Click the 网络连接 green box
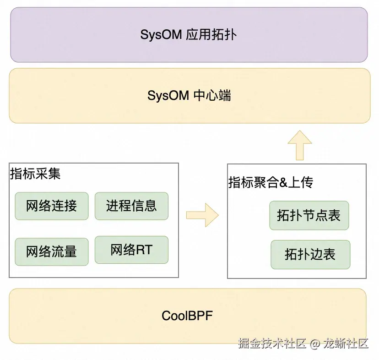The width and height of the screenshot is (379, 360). pos(51,206)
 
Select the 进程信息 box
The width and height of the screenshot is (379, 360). pos(131,206)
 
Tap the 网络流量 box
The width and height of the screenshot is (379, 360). pos(51,252)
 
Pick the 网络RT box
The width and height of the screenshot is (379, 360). pos(131,250)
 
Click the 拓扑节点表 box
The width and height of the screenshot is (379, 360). pos(309,215)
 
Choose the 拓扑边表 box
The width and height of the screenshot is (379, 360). pos(310,255)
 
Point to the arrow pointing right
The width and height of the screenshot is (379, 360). pos(203,215)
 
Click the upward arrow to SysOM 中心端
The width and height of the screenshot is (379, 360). pos(300,145)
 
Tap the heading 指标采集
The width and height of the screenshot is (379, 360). pos(35,174)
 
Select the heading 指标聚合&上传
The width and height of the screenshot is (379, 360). pos(271,182)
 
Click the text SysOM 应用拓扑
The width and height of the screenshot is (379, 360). pos(189,35)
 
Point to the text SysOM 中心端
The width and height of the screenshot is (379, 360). pos(189,95)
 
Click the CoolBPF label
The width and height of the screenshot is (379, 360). pos(187,316)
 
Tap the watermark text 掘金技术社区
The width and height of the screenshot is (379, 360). pos(272,343)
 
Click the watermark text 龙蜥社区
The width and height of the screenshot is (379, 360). pos(346,343)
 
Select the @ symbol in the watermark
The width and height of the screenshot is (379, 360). pos(315,344)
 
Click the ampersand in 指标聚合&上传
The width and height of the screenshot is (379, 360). pos(283,182)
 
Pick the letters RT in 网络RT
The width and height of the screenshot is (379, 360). pos(144,250)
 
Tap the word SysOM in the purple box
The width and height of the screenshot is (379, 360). pos(161,35)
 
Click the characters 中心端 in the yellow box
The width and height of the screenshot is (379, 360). pos(212,95)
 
